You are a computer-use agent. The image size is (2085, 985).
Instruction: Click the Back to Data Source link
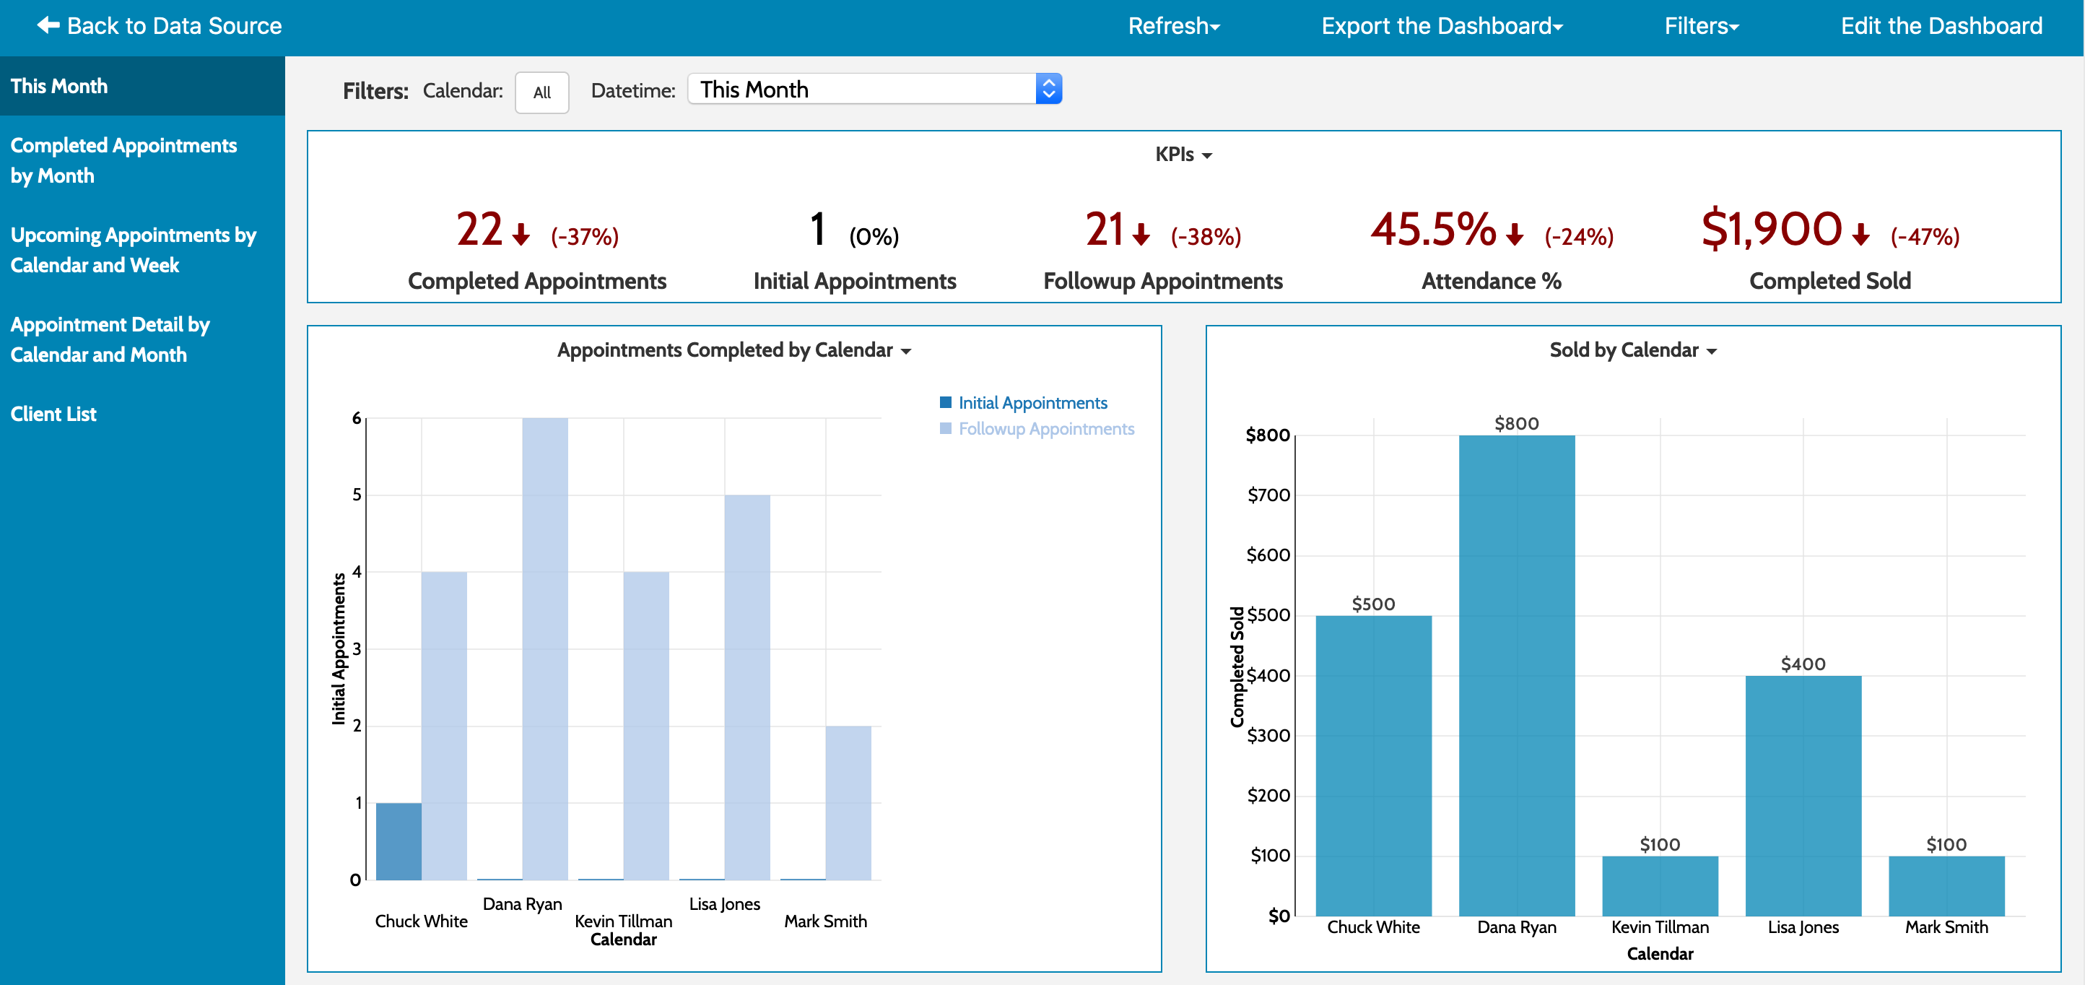[x=160, y=26]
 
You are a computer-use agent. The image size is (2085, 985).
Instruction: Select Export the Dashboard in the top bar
[x=1441, y=26]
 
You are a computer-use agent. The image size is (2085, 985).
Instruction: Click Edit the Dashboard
[x=1941, y=26]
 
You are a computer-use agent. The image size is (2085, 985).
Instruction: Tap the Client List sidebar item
[x=53, y=415]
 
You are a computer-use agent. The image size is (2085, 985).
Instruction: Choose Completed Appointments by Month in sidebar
[x=123, y=160]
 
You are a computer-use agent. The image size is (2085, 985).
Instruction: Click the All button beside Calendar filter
[x=541, y=92]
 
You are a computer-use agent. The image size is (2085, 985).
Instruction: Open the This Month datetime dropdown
[x=874, y=89]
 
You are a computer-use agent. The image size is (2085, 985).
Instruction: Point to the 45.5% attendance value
[x=1432, y=230]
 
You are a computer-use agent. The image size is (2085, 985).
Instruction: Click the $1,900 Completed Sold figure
[x=1771, y=230]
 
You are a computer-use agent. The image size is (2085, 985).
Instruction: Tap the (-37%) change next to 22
[x=584, y=237]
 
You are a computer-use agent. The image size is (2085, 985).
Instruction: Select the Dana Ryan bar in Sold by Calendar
[x=1516, y=676]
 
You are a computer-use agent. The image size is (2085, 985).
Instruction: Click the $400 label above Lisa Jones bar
[x=1803, y=664]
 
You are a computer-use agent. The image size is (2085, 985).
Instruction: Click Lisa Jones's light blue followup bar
[x=746, y=688]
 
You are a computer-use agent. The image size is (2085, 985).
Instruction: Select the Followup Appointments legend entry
[x=1045, y=429]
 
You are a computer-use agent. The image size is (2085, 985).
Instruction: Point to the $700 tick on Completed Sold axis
[x=1268, y=495]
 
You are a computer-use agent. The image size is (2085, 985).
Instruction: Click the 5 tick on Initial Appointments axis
[x=357, y=495]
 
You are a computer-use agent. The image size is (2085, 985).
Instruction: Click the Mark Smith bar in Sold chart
[x=1946, y=885]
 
